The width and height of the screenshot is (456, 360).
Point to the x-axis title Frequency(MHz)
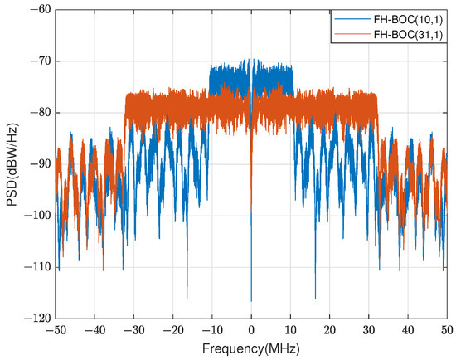(251, 348)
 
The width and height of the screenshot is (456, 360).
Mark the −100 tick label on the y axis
(36, 215)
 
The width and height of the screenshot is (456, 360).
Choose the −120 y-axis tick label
(36, 318)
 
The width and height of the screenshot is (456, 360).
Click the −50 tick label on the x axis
(56, 329)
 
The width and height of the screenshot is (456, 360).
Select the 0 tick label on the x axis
(251, 329)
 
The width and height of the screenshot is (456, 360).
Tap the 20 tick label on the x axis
(329, 329)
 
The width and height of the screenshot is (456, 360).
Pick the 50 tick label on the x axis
(447, 329)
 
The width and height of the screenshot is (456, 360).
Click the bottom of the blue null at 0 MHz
(251, 301)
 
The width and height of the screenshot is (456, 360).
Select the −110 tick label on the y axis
(36, 266)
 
